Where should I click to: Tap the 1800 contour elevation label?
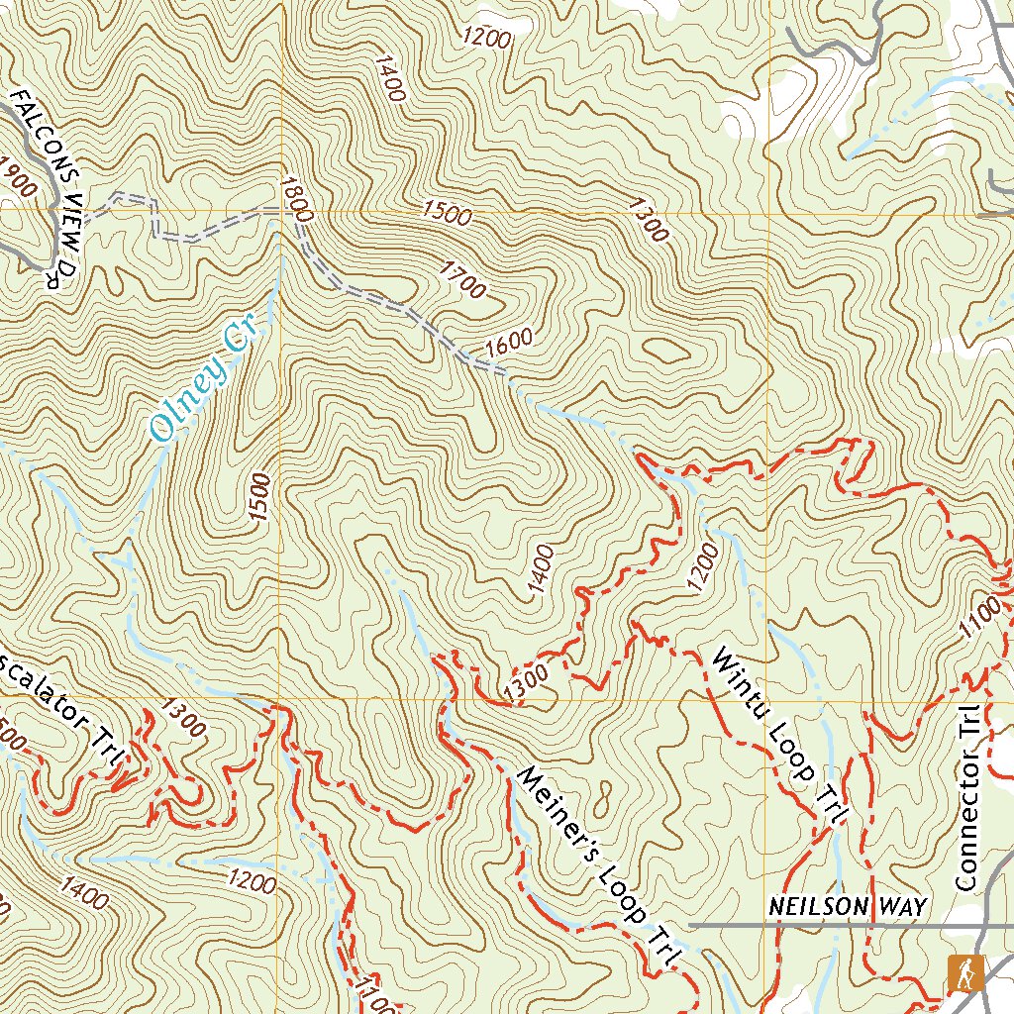coord(296,199)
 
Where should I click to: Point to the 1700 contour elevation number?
coord(463,280)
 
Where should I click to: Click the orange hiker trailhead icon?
coord(964,973)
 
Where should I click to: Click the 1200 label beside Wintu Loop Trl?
coord(699,561)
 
